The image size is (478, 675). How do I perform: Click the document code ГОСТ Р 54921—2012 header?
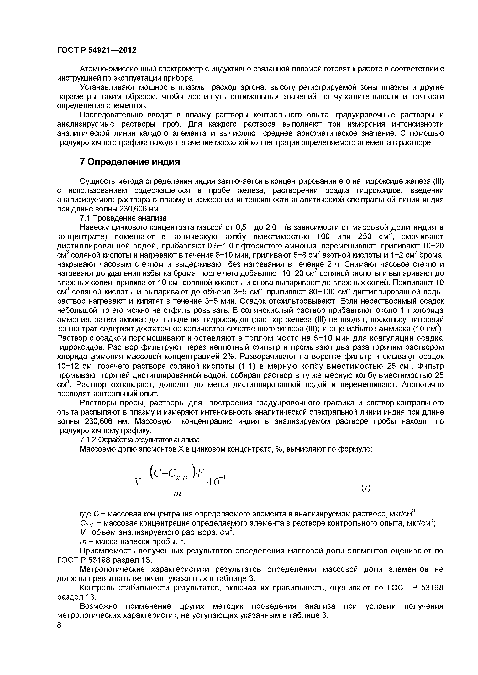pos(97,50)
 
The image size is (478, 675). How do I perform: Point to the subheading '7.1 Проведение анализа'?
pos(123,218)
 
